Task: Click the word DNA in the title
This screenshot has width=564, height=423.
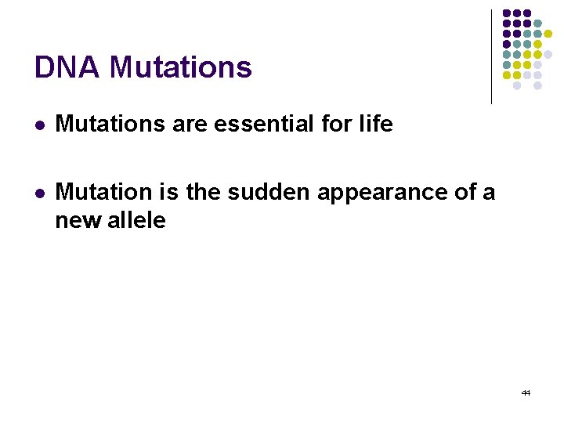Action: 67,67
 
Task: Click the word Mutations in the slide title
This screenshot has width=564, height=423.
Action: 181,67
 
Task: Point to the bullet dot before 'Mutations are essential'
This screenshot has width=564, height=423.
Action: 40,125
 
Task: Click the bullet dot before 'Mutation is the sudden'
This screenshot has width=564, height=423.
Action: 40,192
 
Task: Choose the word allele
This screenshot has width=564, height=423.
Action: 137,220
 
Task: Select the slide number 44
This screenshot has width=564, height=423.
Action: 526,392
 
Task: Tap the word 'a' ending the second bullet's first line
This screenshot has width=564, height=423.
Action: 490,193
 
